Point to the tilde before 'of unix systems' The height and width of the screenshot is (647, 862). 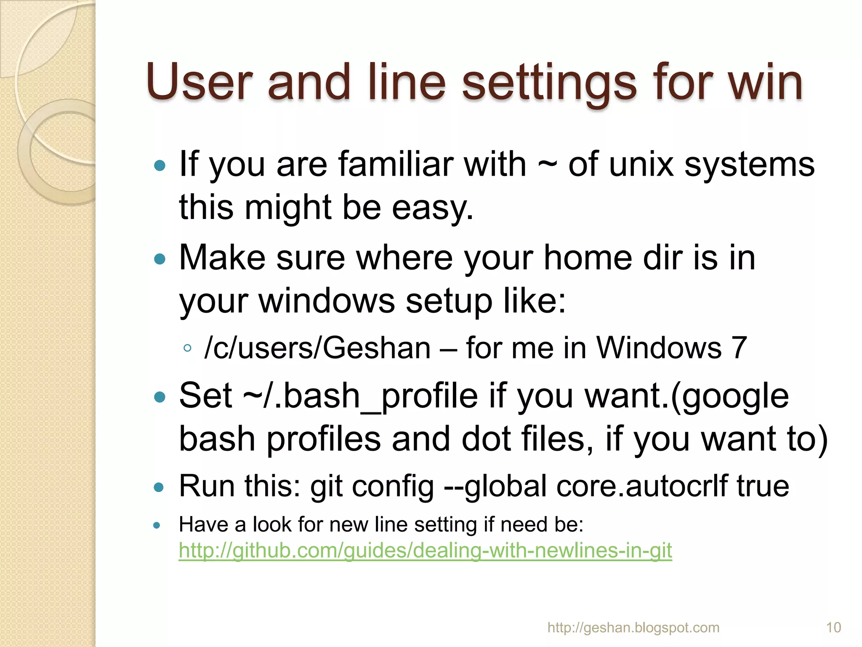pos(547,165)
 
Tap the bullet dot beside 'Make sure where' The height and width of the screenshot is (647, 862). pos(160,259)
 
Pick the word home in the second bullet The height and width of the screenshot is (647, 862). pos(588,258)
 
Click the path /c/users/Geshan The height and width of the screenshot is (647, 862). pos(317,348)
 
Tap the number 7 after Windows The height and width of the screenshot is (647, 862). pos(739,348)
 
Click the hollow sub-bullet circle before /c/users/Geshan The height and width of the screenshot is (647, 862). pos(187,348)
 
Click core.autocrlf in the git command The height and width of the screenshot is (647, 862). pos(642,485)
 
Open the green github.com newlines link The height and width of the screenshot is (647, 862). pos(425,551)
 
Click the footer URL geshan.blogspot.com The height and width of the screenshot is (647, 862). pos(633,628)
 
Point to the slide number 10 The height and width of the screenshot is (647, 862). pos(833,628)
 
